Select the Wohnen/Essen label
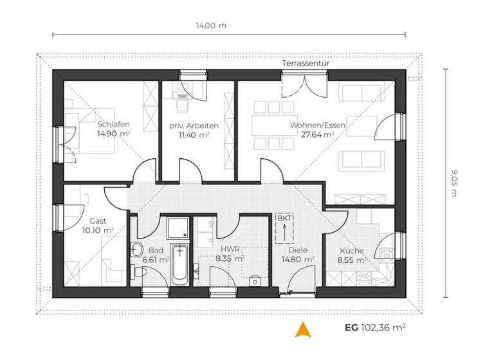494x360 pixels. [311, 124]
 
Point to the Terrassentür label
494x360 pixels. [306, 64]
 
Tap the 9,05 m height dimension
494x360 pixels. [453, 183]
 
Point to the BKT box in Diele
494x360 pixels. [284, 228]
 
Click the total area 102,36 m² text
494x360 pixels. [385, 327]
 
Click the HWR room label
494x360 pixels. [230, 249]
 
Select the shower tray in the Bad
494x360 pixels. [176, 228]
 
